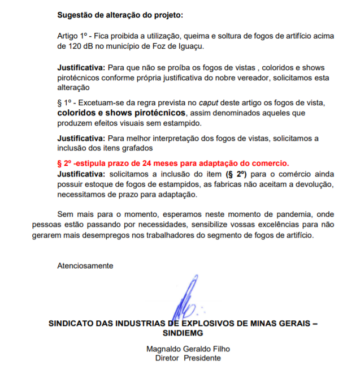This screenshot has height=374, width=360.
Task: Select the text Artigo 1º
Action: (x=73, y=36)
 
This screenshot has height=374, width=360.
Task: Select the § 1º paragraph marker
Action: (x=65, y=102)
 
